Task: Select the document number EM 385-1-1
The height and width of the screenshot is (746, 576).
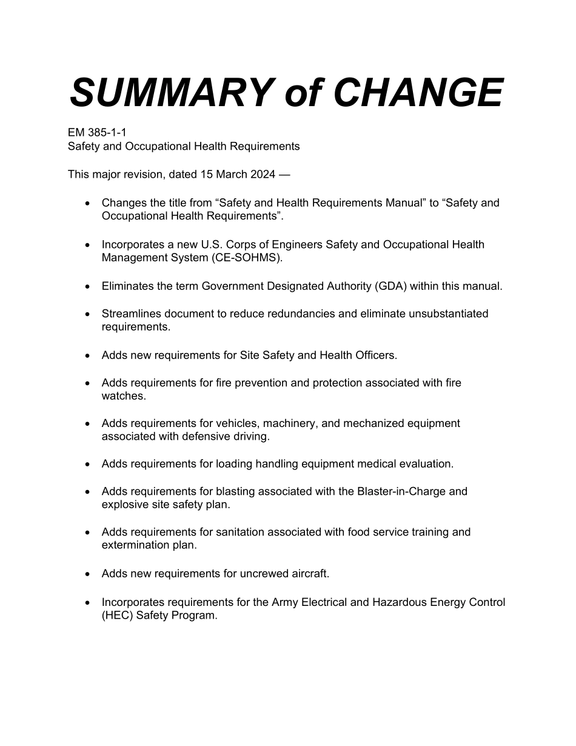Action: [x=97, y=132]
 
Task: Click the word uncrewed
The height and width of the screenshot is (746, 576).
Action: [x=256, y=573]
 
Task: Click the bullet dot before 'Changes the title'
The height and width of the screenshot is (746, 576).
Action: [x=89, y=204]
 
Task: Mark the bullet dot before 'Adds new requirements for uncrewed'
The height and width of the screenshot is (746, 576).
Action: [x=89, y=574]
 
